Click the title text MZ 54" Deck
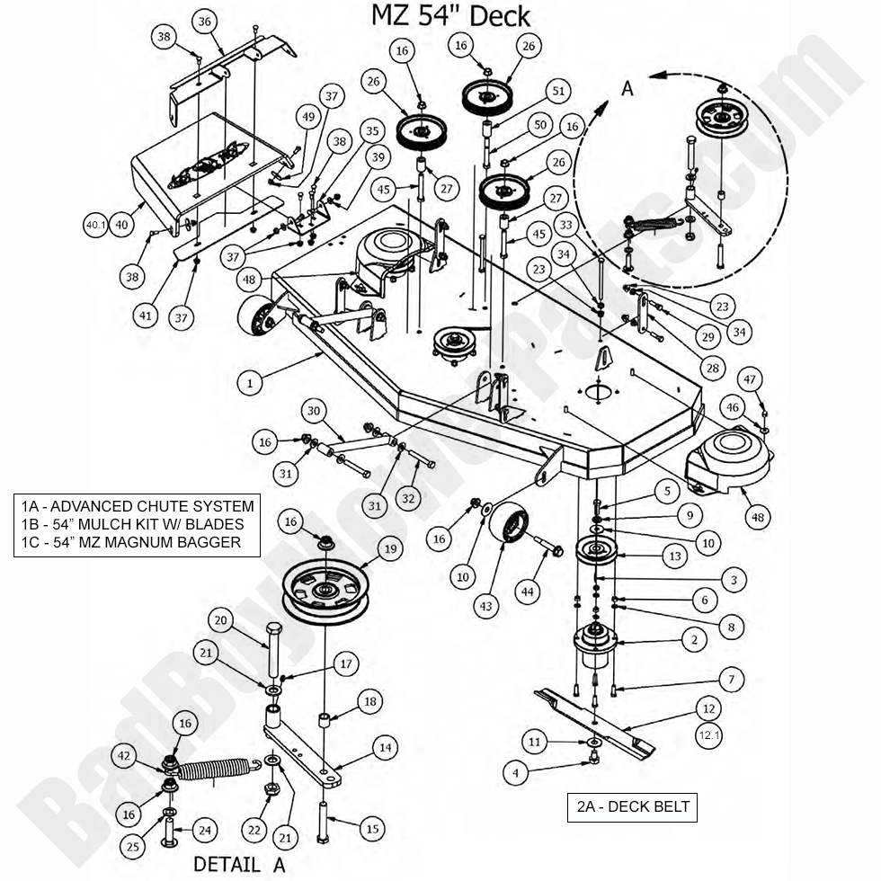(450, 15)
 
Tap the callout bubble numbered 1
(251, 382)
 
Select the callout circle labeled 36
(204, 22)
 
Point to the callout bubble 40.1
(96, 225)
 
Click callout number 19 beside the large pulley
(388, 548)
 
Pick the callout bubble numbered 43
(486, 607)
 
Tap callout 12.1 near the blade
(709, 736)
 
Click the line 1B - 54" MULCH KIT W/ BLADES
(136, 524)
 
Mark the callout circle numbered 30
(312, 410)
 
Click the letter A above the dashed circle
(627, 87)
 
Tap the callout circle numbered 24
(205, 830)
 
